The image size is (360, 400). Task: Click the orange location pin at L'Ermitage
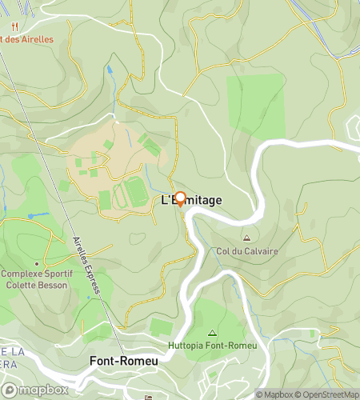coord(180,199)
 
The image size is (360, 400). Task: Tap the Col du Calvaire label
coord(247,251)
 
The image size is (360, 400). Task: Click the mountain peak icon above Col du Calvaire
coord(246,238)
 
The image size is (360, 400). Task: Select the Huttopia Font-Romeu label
coord(211,346)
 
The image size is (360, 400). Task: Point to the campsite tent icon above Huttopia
coord(211,333)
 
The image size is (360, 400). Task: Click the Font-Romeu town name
coord(123,362)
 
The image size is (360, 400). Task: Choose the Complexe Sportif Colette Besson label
coord(37,278)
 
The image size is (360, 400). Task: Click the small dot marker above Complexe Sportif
coord(37,263)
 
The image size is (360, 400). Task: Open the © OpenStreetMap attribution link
coord(328,394)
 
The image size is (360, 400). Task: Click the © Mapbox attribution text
coord(274,394)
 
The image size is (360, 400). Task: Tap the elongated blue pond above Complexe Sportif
coord(35,215)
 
